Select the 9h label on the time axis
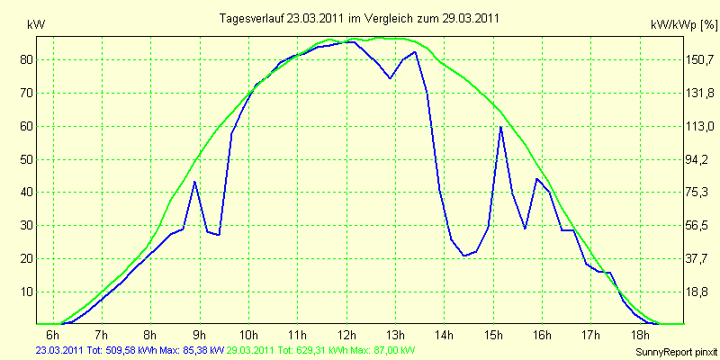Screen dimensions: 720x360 [200, 334]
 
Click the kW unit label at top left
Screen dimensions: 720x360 [36, 25]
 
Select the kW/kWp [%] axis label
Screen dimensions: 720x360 [684, 25]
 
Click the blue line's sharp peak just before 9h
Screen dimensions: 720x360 [194, 182]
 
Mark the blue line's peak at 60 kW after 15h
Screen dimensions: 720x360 [501, 127]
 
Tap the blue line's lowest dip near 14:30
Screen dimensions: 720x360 [464, 256]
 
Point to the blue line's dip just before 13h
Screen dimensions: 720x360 [390, 78]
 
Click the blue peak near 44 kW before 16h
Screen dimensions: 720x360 [536, 178]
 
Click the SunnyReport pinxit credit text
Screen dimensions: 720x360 [676, 352]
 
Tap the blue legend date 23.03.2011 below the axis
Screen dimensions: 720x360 [59, 350]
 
